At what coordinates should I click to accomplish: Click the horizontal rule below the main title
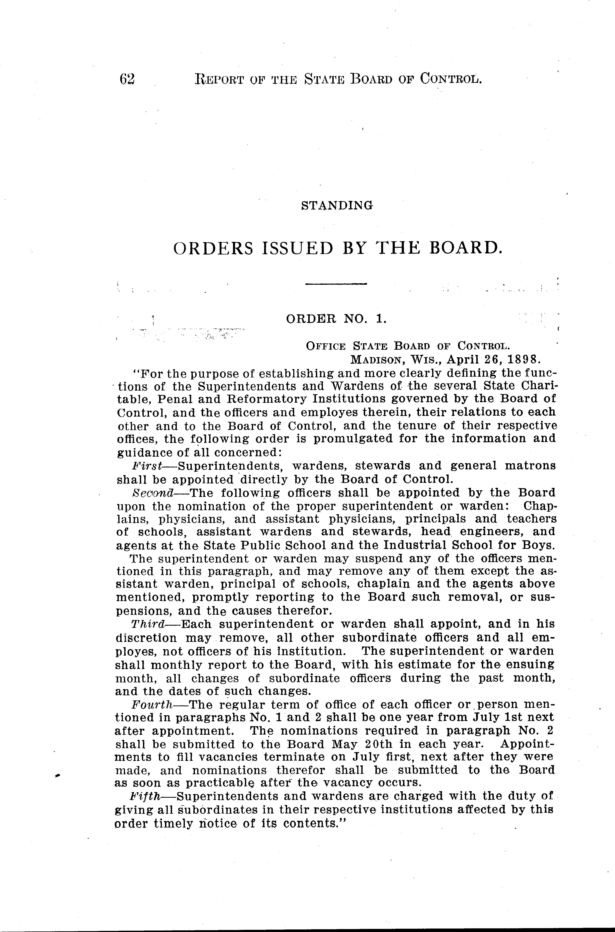click(x=336, y=283)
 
